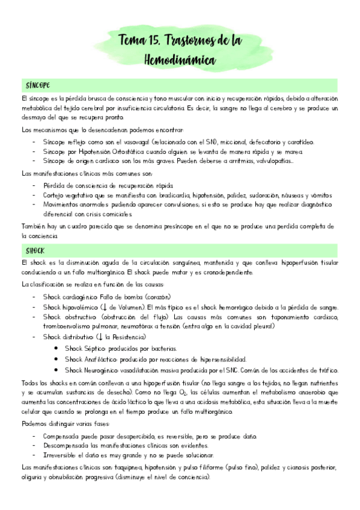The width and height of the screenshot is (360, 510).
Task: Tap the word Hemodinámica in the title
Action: pyautogui.click(x=180, y=60)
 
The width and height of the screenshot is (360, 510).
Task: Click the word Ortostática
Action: pyautogui.click(x=130, y=152)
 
